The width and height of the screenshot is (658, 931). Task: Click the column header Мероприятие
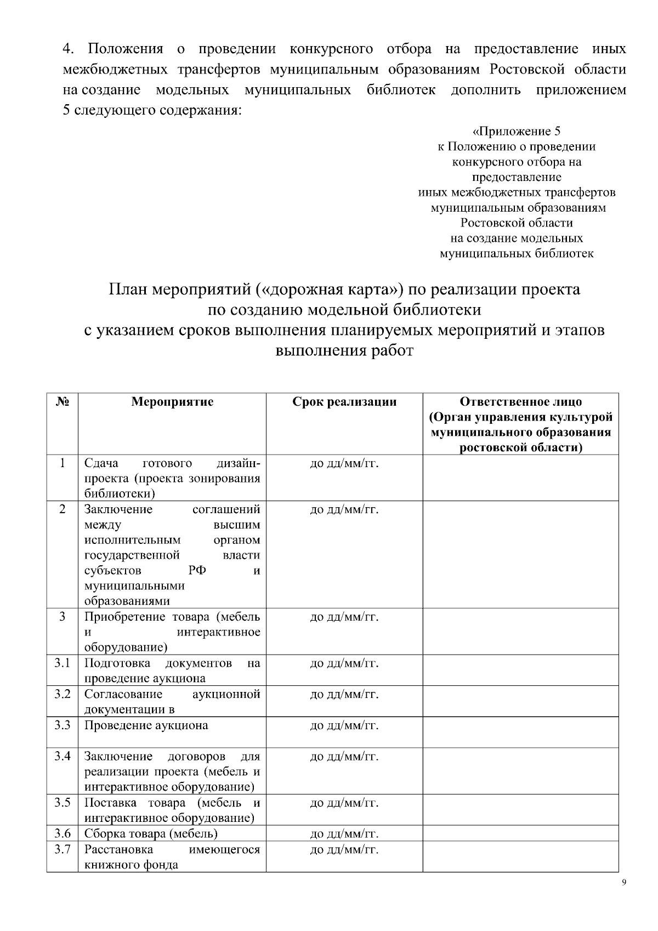click(172, 402)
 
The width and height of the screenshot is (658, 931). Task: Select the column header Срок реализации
click(344, 402)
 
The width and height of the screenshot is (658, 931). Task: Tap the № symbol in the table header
click(63, 401)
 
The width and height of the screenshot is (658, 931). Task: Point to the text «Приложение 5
click(516, 131)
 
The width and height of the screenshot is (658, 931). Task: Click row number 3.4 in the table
click(63, 756)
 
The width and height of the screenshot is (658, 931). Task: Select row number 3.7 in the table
click(63, 849)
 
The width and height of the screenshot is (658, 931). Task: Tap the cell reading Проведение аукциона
click(146, 725)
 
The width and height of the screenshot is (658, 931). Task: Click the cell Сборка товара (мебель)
click(151, 834)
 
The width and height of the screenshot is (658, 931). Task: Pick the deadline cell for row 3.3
click(344, 725)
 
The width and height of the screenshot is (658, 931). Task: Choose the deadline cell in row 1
click(344, 464)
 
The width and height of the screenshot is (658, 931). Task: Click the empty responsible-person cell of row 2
click(520, 554)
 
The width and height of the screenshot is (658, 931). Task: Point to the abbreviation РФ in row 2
click(197, 570)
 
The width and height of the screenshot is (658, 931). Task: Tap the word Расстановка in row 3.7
click(118, 849)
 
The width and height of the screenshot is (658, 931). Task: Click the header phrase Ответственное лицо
click(520, 402)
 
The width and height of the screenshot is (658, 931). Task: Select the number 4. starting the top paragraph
click(69, 49)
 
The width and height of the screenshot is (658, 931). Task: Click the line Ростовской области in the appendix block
click(516, 223)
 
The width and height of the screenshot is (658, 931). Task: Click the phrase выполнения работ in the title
click(344, 351)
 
